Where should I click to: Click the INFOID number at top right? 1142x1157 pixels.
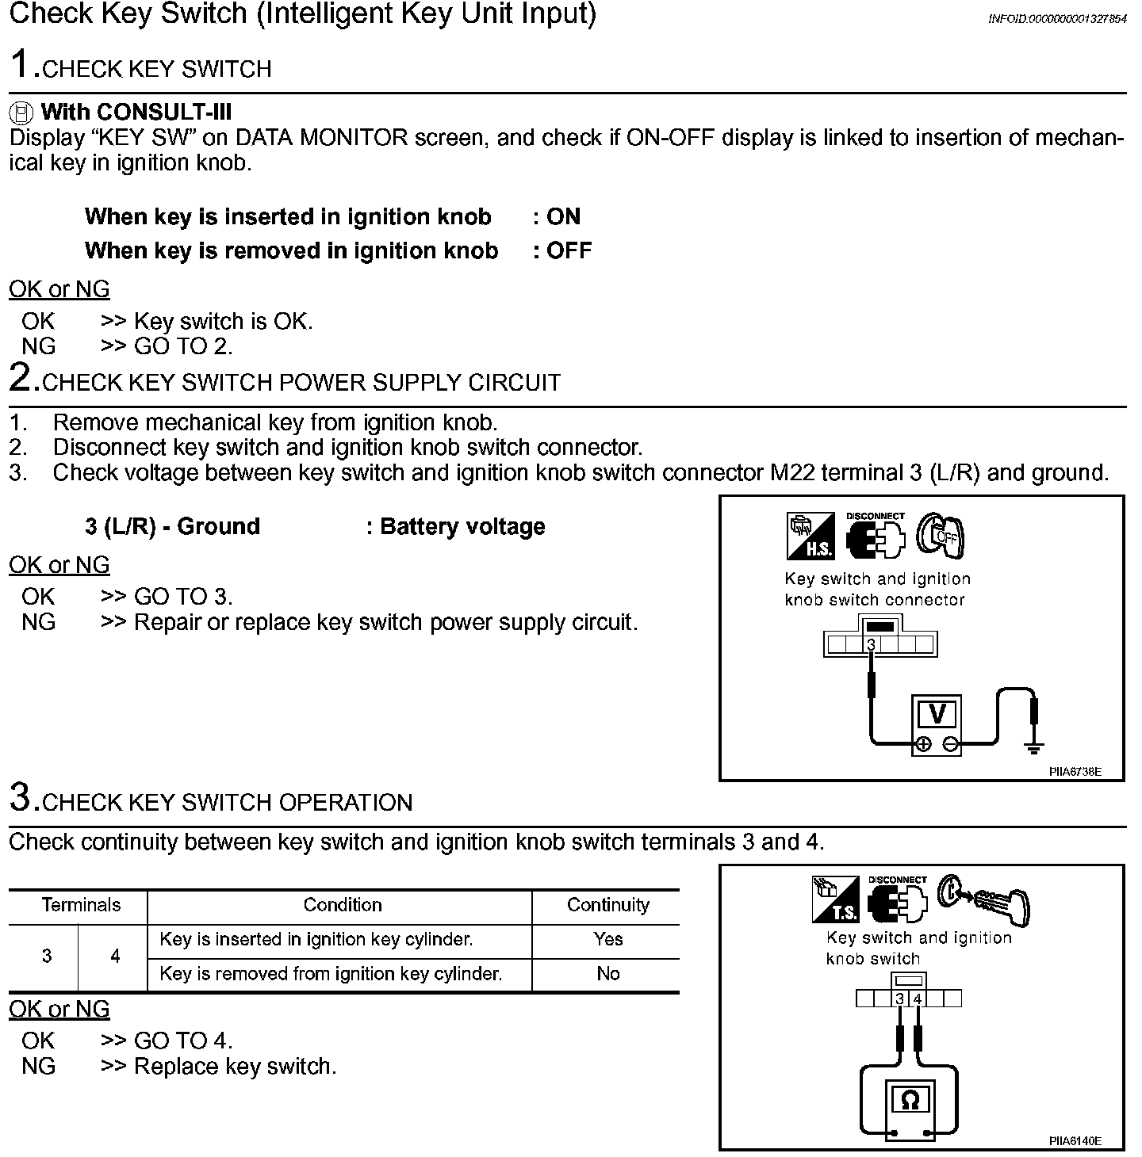tap(1056, 19)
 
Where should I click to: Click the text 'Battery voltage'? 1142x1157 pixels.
tap(462, 526)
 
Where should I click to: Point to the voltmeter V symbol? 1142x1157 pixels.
tap(937, 715)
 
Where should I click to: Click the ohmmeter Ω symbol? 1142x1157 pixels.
tap(910, 1100)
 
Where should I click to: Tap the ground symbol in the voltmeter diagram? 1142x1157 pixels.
tap(1034, 747)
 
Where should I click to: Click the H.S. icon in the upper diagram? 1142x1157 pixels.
tap(811, 536)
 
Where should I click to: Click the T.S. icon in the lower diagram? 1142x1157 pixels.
tap(835, 899)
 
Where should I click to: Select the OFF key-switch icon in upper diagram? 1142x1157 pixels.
tap(941, 536)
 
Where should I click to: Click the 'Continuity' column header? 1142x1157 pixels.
tap(607, 905)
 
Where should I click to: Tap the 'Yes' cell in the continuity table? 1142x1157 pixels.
tap(607, 939)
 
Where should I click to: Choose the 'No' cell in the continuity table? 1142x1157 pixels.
tap(607, 974)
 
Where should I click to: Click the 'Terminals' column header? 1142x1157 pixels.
tap(81, 905)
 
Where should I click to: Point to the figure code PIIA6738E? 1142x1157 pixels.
tap(1075, 771)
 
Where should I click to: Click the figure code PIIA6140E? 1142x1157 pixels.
tap(1075, 1141)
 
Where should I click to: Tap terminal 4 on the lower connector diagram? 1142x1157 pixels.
tap(918, 999)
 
